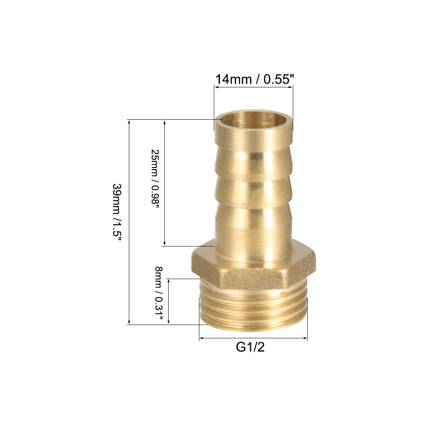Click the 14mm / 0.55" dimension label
click(255, 79)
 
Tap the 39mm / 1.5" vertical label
click(117, 212)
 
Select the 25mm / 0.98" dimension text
click(155, 178)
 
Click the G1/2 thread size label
click(250, 347)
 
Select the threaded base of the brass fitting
click(253, 308)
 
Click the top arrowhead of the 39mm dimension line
click(129, 122)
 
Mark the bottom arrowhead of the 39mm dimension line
click(129, 322)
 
